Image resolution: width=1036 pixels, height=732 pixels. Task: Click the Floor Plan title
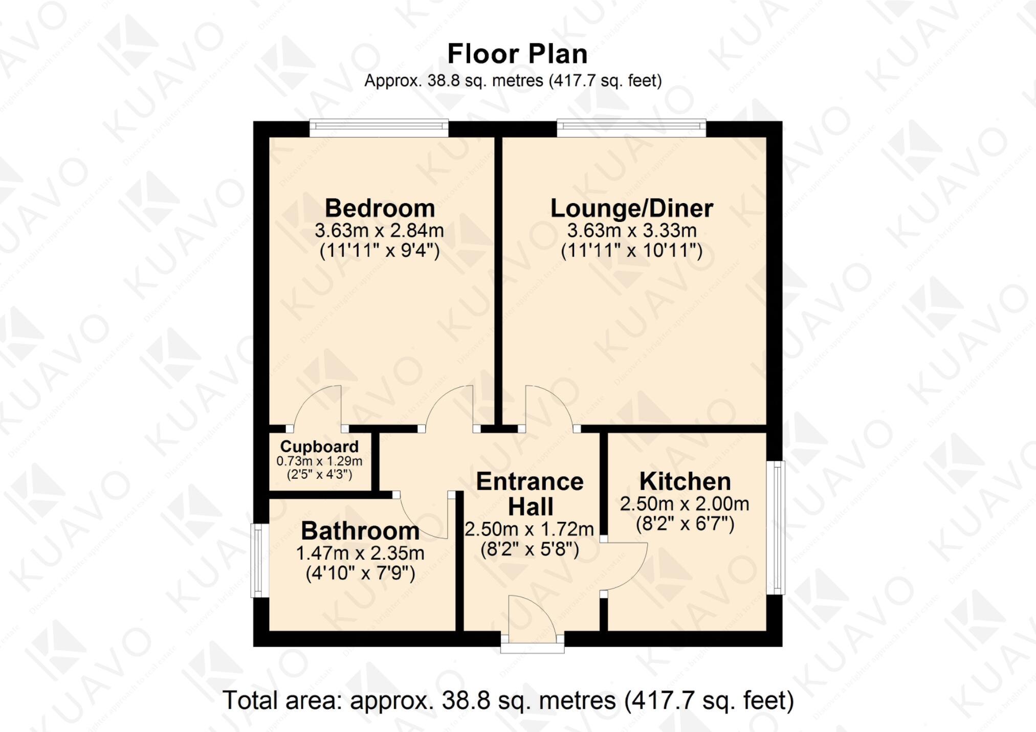(x=517, y=54)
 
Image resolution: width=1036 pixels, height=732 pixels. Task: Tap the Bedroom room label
(x=380, y=209)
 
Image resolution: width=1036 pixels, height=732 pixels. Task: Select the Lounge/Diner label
(x=631, y=209)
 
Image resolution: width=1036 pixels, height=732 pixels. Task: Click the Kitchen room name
(x=685, y=482)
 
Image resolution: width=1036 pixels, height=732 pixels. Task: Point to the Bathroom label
(x=360, y=531)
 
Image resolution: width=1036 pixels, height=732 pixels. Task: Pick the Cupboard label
(x=319, y=447)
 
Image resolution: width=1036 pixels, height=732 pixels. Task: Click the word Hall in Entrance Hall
(x=531, y=507)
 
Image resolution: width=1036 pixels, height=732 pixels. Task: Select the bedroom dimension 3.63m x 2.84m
(x=379, y=231)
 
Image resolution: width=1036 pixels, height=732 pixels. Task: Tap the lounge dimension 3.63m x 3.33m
(x=631, y=231)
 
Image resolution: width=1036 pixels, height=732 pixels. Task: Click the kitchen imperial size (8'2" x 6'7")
(x=685, y=524)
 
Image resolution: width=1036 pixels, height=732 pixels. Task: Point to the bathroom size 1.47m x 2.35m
(x=360, y=553)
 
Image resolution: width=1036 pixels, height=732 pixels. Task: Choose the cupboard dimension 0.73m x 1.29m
(x=319, y=461)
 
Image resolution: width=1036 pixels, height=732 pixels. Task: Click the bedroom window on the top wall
(x=379, y=128)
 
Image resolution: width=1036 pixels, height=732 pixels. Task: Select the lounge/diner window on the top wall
(x=631, y=128)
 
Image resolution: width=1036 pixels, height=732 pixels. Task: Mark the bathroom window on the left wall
(x=258, y=560)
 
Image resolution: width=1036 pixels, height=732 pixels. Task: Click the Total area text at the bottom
(x=508, y=701)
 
